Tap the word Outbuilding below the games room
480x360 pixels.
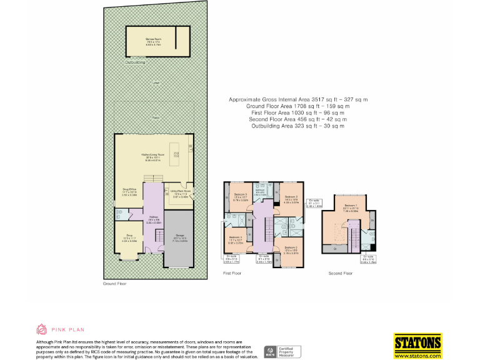tap(135, 62)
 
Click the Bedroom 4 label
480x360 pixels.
tap(235, 237)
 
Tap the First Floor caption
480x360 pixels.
tap(232, 273)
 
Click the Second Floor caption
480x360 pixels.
tap(340, 273)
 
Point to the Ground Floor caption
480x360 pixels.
tap(114, 284)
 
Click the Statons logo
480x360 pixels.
tap(417, 342)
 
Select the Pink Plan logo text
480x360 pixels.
tap(68, 329)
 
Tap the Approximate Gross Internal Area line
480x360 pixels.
tap(298, 99)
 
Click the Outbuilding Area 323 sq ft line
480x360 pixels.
tap(298, 126)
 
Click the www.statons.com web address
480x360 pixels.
tap(417, 355)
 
